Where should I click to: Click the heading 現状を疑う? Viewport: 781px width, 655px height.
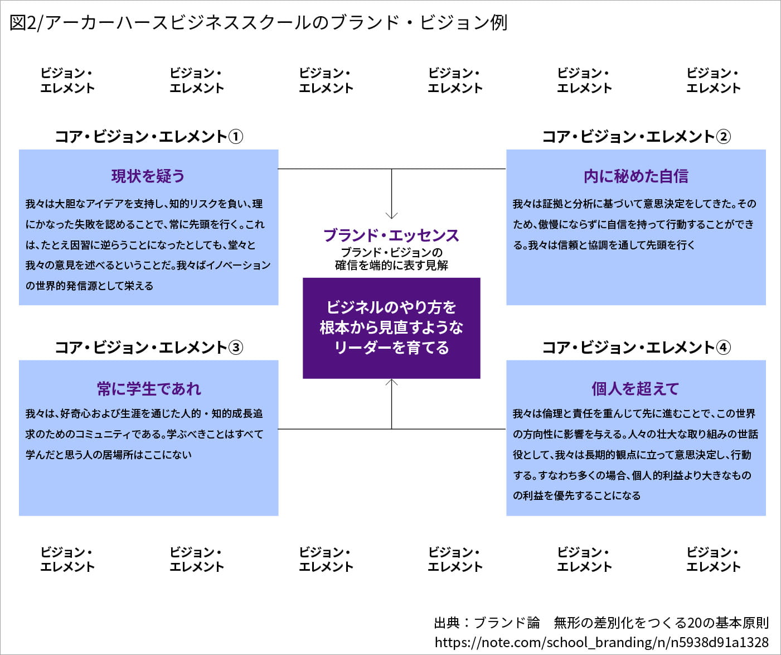[x=148, y=176]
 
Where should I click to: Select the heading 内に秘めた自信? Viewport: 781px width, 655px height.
[x=636, y=176]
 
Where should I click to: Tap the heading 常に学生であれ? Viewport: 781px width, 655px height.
[x=149, y=389]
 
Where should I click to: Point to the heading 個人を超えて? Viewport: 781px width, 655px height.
[x=636, y=389]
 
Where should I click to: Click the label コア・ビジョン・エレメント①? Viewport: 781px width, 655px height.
[x=148, y=137]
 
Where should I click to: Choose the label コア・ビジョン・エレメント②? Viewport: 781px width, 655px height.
[x=636, y=137]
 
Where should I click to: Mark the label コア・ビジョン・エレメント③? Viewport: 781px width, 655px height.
[x=148, y=348]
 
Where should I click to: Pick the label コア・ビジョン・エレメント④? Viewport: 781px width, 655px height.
[x=636, y=348]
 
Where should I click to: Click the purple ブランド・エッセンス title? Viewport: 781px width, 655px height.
[x=391, y=235]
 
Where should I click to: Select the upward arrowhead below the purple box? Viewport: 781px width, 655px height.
[x=392, y=382]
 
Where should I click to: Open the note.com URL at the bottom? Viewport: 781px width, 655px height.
[x=601, y=642]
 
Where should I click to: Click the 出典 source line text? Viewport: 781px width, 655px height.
[x=601, y=623]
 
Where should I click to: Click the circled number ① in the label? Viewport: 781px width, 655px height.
[x=236, y=137]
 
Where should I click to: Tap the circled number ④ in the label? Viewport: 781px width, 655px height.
[x=723, y=348]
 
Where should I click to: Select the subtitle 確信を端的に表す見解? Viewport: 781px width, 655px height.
[x=391, y=266]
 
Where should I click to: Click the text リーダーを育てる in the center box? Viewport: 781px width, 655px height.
[x=391, y=348]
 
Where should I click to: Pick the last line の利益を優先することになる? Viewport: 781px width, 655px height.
[x=576, y=495]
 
